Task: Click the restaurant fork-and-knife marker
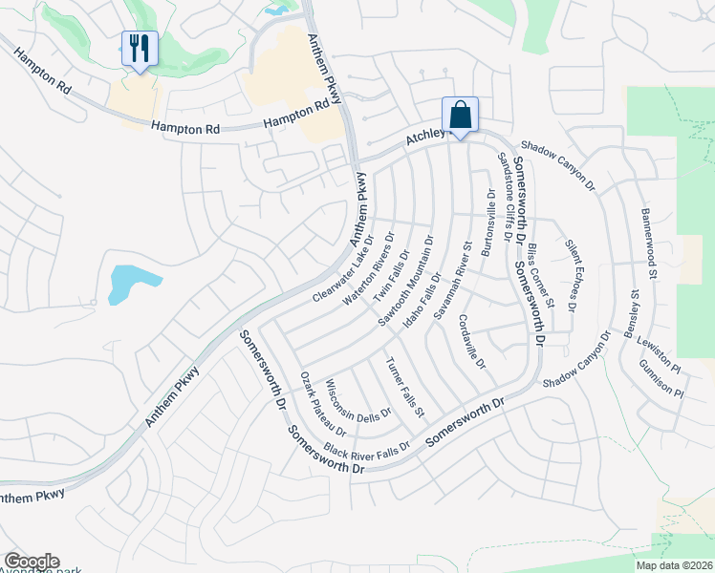[x=140, y=49]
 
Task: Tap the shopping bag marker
[x=460, y=116]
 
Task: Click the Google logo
[x=32, y=562]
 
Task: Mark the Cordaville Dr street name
[x=472, y=343]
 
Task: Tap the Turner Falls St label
[x=405, y=387]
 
